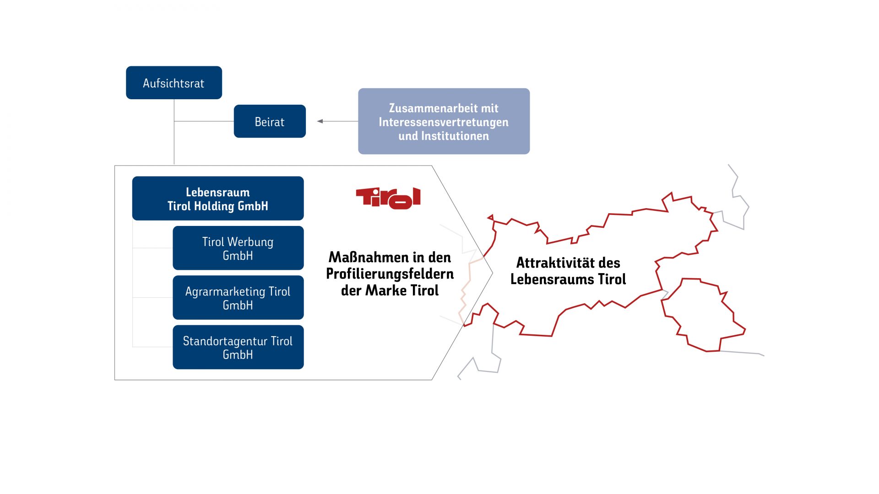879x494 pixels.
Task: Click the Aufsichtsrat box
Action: point(174,83)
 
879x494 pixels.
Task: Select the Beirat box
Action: point(270,121)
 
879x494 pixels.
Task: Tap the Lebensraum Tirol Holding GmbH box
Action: point(218,199)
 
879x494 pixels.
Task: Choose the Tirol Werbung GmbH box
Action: point(238,248)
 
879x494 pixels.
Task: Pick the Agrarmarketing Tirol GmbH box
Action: point(238,297)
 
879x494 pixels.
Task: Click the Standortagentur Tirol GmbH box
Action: point(238,347)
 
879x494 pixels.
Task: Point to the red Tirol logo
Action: point(388,198)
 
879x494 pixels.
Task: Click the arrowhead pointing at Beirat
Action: point(320,121)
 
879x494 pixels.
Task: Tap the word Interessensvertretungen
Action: point(444,122)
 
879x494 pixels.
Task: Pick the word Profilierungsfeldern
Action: point(390,274)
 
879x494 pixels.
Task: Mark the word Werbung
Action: point(250,242)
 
